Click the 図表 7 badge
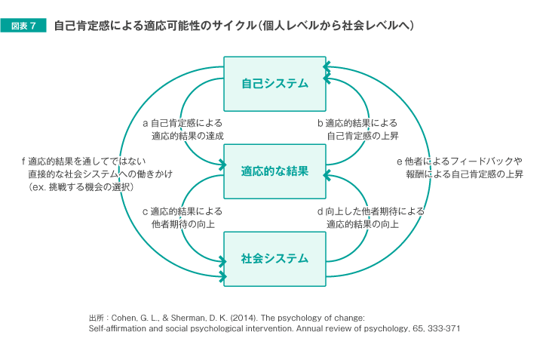23,26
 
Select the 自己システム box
274,84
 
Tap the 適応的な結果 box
274,171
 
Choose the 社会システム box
274,259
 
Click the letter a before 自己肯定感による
146,123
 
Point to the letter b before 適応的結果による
321,123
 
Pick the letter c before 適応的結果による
146,212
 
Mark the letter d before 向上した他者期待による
320,211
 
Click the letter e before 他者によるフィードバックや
400,162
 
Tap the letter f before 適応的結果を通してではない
23,162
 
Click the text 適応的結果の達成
187,136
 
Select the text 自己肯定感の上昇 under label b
363,136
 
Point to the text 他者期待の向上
182,224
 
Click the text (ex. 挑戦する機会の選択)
81,187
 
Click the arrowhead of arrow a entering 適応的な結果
222,164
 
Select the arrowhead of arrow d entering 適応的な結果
327,175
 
